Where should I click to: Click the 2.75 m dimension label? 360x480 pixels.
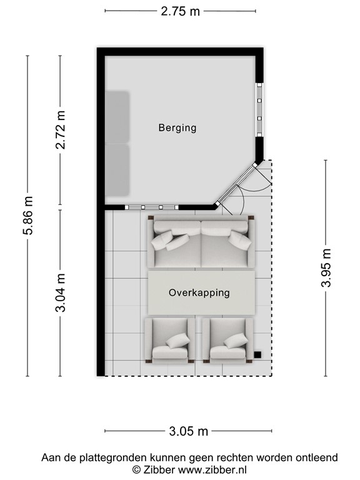click(x=181, y=11)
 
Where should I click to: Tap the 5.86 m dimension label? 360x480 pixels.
click(x=27, y=216)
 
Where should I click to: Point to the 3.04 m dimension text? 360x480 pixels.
click(x=61, y=293)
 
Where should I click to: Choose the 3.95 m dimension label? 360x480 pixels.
click(x=326, y=268)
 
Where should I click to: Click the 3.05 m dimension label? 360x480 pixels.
click(x=188, y=431)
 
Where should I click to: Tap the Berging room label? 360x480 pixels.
click(x=177, y=128)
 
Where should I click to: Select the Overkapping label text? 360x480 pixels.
click(x=199, y=292)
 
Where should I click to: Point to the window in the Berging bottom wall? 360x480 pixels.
click(x=152, y=207)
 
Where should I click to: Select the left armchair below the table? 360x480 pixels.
click(x=169, y=341)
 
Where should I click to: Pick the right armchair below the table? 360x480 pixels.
click(x=231, y=341)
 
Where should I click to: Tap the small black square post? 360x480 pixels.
click(x=257, y=355)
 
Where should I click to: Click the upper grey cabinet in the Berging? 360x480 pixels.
click(x=116, y=117)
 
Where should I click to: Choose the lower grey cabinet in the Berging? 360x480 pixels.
click(x=116, y=169)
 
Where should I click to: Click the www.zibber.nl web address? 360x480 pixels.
click(x=212, y=469)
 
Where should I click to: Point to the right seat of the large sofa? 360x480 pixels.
click(x=227, y=244)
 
